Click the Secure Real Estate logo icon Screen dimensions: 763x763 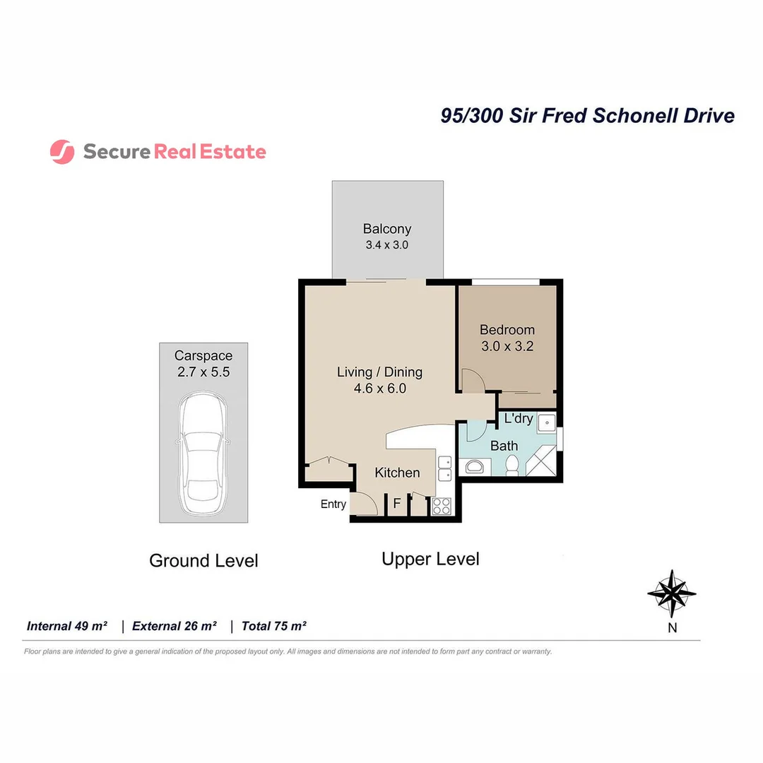point(62,152)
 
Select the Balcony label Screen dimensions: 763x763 point(386,229)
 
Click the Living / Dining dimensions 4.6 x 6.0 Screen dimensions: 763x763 point(380,388)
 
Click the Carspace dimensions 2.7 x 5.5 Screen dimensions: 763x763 point(203,372)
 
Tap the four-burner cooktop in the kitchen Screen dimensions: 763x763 point(442,506)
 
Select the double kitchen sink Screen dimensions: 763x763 point(444,468)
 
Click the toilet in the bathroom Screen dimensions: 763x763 point(513,465)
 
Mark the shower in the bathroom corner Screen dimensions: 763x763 point(545,463)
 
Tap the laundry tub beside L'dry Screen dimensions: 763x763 point(545,423)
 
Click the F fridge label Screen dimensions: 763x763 point(397,504)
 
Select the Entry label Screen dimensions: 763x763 point(333,504)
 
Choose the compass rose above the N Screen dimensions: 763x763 point(671,593)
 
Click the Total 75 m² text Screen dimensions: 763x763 point(273,626)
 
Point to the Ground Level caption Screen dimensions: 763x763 point(203,561)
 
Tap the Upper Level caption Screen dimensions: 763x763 point(430,559)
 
